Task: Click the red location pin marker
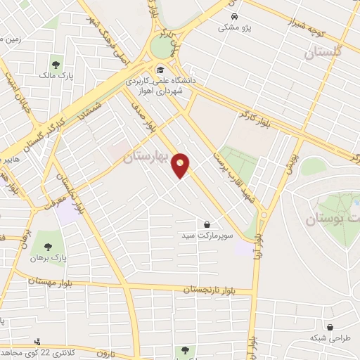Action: [181, 166]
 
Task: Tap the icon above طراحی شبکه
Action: [330, 325]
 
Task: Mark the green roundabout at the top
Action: [163, 48]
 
